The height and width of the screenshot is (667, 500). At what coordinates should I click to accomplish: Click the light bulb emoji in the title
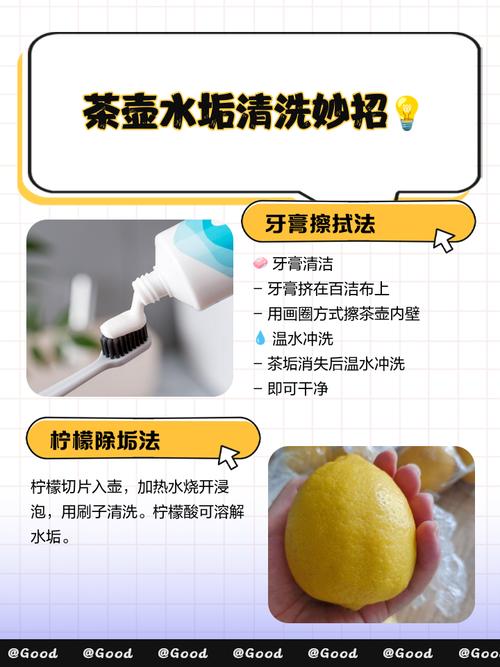tap(405, 112)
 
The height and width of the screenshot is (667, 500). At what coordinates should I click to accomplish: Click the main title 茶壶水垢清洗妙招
tap(234, 113)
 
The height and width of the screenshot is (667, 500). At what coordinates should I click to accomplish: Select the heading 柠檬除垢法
tap(106, 439)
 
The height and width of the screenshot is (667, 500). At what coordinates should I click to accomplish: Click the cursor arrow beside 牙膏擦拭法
tap(444, 239)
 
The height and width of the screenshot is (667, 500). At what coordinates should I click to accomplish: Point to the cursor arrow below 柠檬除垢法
tap(229, 457)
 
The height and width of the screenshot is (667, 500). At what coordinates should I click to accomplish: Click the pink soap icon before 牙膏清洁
tap(260, 264)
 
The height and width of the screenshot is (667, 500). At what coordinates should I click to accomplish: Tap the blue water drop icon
tap(260, 339)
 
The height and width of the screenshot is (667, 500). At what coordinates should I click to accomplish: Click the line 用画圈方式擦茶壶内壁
tap(343, 314)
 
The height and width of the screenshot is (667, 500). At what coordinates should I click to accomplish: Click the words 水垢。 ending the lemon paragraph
tap(52, 538)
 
